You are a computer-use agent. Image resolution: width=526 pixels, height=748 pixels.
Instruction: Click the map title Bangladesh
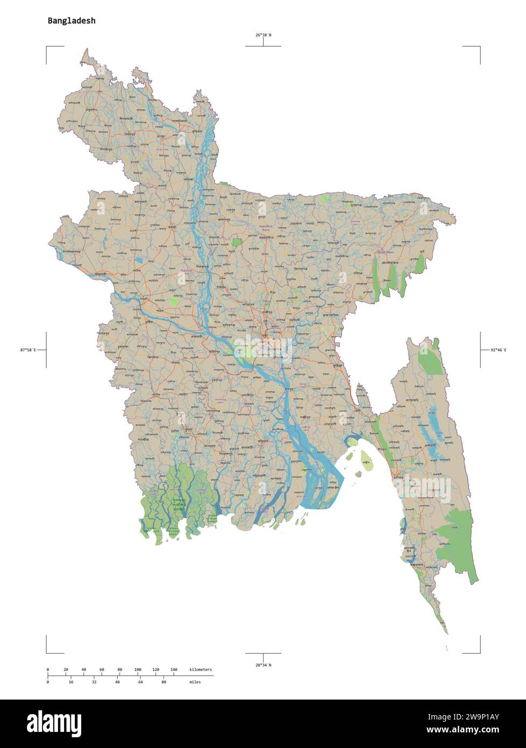[x=72, y=21]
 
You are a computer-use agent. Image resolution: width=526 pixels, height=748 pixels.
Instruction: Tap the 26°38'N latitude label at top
[x=263, y=35]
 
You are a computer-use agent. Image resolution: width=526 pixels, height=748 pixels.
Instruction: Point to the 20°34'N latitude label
[x=263, y=665]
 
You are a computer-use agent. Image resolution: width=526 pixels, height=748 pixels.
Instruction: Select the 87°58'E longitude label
[x=28, y=350]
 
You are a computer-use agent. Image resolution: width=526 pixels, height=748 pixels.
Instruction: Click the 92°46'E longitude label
[x=498, y=350]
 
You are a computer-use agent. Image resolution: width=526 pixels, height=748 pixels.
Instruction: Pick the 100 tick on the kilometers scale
[x=138, y=669]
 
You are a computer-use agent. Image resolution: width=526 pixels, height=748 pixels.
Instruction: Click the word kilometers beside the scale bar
[x=201, y=669]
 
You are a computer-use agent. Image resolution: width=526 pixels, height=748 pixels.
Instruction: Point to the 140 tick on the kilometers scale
[x=174, y=669]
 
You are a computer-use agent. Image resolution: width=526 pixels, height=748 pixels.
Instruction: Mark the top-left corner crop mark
[x=47, y=48]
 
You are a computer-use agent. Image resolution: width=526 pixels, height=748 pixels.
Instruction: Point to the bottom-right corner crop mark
[x=479, y=652]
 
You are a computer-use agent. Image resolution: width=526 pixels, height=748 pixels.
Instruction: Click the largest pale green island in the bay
[x=366, y=463]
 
